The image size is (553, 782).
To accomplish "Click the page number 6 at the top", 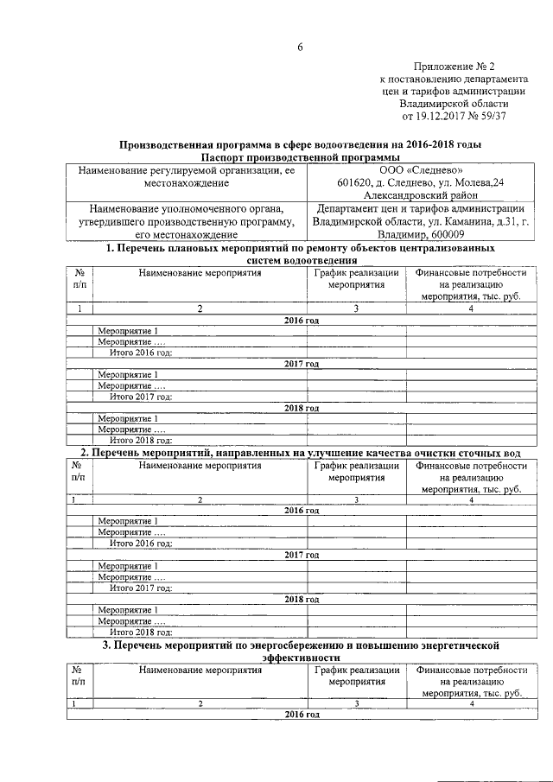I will (300, 48).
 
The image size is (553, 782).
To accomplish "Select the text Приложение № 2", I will (454, 66).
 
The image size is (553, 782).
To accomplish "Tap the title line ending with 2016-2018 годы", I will (299, 144).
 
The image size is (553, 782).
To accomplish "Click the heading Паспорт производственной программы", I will (299, 157).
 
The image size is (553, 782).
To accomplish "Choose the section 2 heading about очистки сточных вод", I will (299, 452).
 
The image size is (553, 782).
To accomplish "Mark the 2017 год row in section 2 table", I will (301, 555).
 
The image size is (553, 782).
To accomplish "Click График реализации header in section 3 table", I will (356, 670).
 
